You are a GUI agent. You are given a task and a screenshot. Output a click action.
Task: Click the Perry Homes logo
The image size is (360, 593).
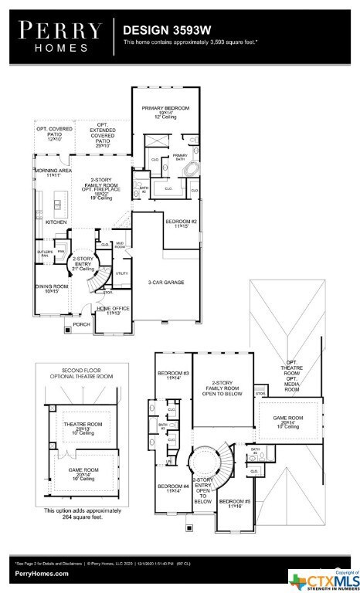click(x=59, y=36)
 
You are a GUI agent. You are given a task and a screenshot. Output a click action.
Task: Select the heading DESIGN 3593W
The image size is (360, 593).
click(x=156, y=29)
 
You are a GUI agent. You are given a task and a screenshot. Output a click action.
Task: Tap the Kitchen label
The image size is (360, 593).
click(x=56, y=222)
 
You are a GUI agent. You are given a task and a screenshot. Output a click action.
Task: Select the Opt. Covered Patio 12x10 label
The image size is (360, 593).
click(x=54, y=132)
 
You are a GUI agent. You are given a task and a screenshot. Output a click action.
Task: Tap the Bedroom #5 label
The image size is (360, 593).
click(x=233, y=504)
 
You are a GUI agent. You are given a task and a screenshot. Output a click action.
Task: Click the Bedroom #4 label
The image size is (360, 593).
click(x=173, y=488)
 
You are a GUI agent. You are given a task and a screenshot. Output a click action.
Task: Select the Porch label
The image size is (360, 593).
click(x=81, y=324)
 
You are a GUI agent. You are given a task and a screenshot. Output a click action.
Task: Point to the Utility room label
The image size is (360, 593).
click(x=121, y=273)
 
